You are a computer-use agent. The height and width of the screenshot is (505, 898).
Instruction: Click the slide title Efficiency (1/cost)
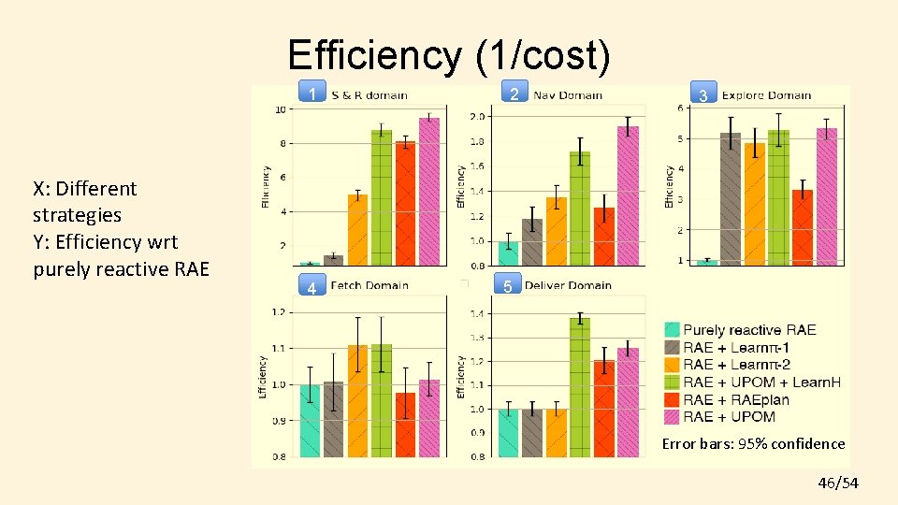tap(449, 56)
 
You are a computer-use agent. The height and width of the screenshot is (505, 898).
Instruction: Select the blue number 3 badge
tap(702, 95)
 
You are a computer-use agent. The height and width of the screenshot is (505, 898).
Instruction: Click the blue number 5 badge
tap(507, 286)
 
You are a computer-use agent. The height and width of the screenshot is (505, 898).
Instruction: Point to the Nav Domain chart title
tap(568, 94)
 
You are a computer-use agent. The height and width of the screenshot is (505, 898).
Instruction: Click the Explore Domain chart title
tap(766, 95)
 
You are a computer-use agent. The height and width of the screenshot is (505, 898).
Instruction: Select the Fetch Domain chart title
tap(369, 285)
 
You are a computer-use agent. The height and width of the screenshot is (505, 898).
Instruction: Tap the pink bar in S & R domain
tap(429, 192)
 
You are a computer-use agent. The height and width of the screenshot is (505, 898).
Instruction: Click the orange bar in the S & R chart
tap(357, 230)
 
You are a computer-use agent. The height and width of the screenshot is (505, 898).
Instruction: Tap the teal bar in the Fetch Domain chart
tap(310, 421)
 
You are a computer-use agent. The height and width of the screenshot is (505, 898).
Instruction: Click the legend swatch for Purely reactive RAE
tap(672, 329)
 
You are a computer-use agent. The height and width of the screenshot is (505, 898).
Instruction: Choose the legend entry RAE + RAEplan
tap(735, 399)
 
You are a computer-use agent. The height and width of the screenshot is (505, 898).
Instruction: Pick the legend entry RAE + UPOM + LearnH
tap(761, 382)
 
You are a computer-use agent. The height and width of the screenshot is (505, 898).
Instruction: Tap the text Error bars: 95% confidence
tap(753, 444)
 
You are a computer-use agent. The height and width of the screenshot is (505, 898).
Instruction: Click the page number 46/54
tap(837, 483)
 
